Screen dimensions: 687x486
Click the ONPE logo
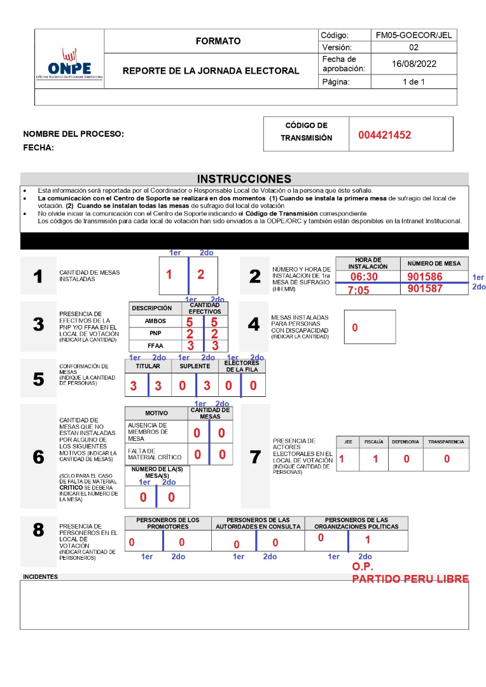click(69, 64)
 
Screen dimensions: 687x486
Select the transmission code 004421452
click(384, 135)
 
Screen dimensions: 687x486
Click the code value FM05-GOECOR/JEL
click(413, 36)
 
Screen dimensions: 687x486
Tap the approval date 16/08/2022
click(413, 64)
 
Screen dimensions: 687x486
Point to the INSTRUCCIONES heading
click(244, 179)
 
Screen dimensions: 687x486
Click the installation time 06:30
click(364, 277)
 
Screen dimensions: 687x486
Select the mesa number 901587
click(425, 289)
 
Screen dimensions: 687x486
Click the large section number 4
click(254, 324)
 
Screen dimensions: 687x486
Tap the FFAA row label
click(155, 345)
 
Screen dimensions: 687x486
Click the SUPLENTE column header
click(195, 366)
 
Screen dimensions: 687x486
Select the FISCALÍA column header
click(374, 441)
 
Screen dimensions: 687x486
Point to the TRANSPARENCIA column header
click(446, 441)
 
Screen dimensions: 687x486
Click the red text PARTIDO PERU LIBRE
click(410, 579)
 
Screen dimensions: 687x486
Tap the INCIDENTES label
click(40, 577)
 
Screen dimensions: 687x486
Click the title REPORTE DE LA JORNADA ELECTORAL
click(211, 71)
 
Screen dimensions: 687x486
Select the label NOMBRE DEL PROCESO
click(73, 134)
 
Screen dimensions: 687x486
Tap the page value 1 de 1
click(413, 81)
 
